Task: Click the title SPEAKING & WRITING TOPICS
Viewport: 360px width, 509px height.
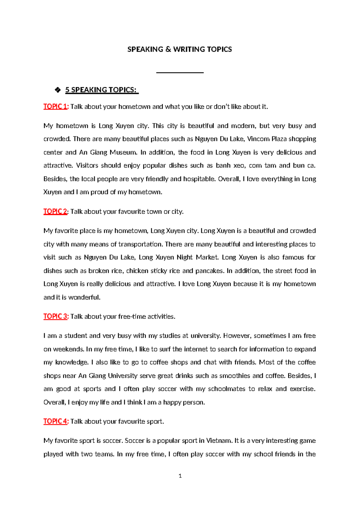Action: pyautogui.click(x=179, y=50)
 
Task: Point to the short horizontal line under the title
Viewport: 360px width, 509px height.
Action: pyautogui.click(x=180, y=73)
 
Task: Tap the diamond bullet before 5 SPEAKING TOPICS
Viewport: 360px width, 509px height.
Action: pyautogui.click(x=58, y=90)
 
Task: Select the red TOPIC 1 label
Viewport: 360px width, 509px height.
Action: pyautogui.click(x=56, y=107)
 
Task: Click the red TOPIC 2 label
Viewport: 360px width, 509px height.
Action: pyautogui.click(x=55, y=212)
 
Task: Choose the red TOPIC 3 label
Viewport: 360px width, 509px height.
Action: pyautogui.click(x=56, y=316)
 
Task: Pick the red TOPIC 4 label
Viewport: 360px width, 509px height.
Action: pyautogui.click(x=56, y=421)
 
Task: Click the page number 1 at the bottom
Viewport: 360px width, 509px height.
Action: pyautogui.click(x=180, y=476)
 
